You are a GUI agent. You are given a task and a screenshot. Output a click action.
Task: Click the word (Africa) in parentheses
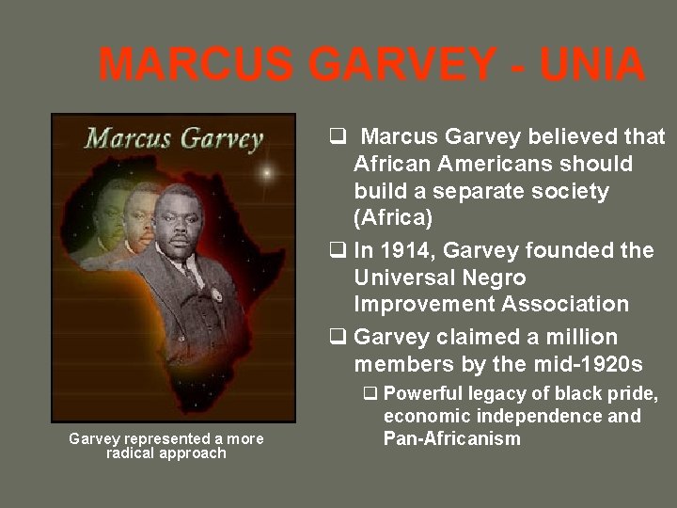pyautogui.click(x=392, y=218)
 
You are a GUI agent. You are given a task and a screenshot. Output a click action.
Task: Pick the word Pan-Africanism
pyautogui.click(x=451, y=438)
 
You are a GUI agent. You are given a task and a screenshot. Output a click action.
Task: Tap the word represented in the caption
pyautogui.click(x=165, y=439)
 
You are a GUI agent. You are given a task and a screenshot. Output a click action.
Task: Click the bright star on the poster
pyautogui.click(x=268, y=172)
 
